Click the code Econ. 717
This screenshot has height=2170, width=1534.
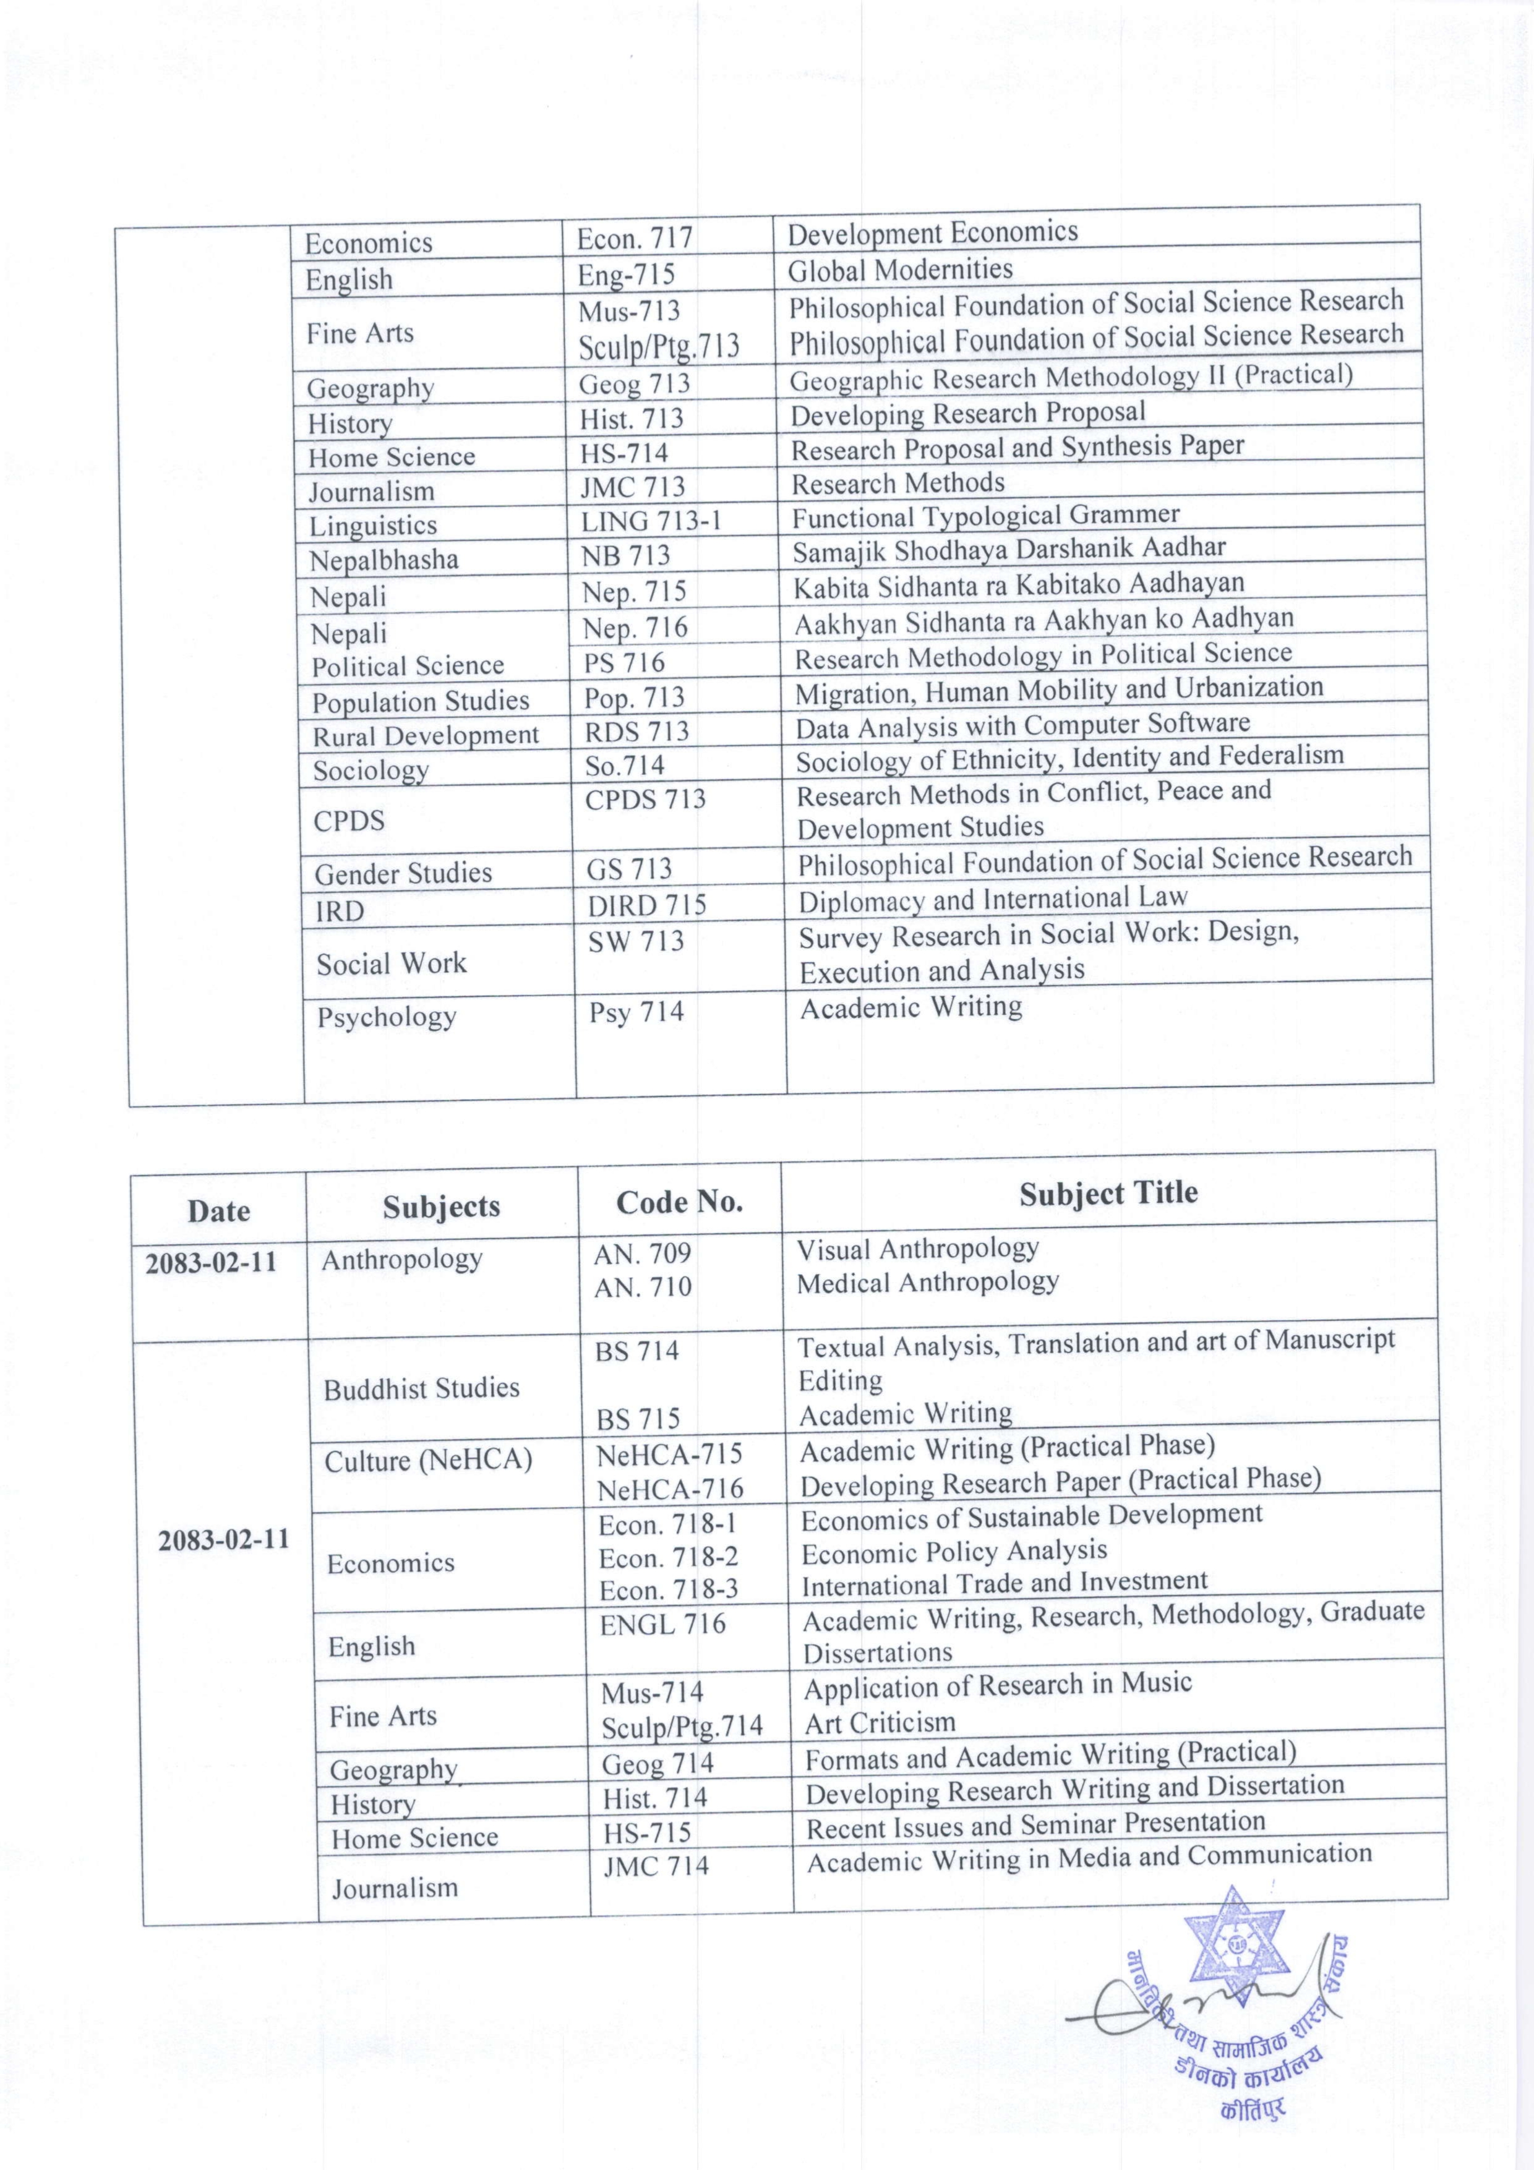(x=634, y=238)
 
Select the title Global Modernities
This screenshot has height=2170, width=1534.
(x=900, y=270)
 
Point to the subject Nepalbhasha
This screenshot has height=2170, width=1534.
(x=383, y=560)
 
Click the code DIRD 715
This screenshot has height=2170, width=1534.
(x=646, y=905)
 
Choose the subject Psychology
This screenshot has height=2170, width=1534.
(x=387, y=1017)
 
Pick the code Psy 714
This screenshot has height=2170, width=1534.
(x=636, y=1012)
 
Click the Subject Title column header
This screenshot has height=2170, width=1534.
(x=1108, y=1193)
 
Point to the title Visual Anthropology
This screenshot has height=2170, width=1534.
(x=917, y=1249)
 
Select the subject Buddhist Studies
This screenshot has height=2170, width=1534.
(x=422, y=1388)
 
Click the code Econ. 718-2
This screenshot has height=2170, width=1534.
(x=668, y=1556)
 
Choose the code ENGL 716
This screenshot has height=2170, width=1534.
(x=662, y=1624)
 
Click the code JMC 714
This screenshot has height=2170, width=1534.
(x=655, y=1866)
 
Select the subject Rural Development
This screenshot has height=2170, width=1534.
(x=426, y=735)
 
